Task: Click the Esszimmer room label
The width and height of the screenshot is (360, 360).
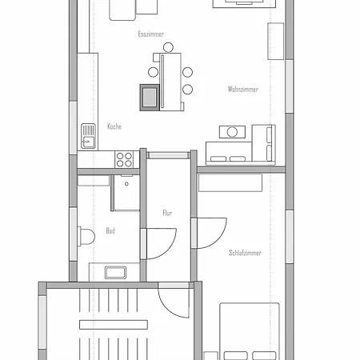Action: pyautogui.click(x=151, y=34)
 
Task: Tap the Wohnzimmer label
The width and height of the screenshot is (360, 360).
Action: pyautogui.click(x=243, y=89)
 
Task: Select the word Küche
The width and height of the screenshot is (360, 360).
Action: pyautogui.click(x=114, y=126)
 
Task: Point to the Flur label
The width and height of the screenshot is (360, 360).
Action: pyautogui.click(x=167, y=213)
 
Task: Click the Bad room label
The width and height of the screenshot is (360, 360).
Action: pyautogui.click(x=110, y=230)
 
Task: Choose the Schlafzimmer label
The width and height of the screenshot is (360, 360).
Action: pyautogui.click(x=245, y=253)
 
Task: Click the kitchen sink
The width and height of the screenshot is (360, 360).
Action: pyautogui.click(x=88, y=136)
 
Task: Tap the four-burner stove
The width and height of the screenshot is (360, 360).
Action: pyautogui.click(x=124, y=159)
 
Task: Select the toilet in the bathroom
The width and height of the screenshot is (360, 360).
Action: pyautogui.click(x=86, y=236)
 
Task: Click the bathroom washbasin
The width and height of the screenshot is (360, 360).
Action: pyautogui.click(x=115, y=273)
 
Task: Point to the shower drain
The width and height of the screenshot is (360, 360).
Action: pyautogui.click(x=126, y=184)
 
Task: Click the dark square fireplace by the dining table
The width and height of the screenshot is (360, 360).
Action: pyautogui.click(x=150, y=98)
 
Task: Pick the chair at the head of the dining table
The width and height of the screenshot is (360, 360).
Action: pyautogui.click(x=168, y=47)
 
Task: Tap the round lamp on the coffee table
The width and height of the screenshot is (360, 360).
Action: pyautogui.click(x=232, y=132)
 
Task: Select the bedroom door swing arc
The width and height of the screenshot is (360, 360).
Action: pyautogui.click(x=220, y=238)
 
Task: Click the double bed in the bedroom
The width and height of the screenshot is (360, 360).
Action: pyautogui.click(x=250, y=331)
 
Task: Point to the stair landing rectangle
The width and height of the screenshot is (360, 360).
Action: pyautogui.click(x=114, y=325)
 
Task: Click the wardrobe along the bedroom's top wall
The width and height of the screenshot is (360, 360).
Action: pyautogui.click(x=230, y=182)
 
